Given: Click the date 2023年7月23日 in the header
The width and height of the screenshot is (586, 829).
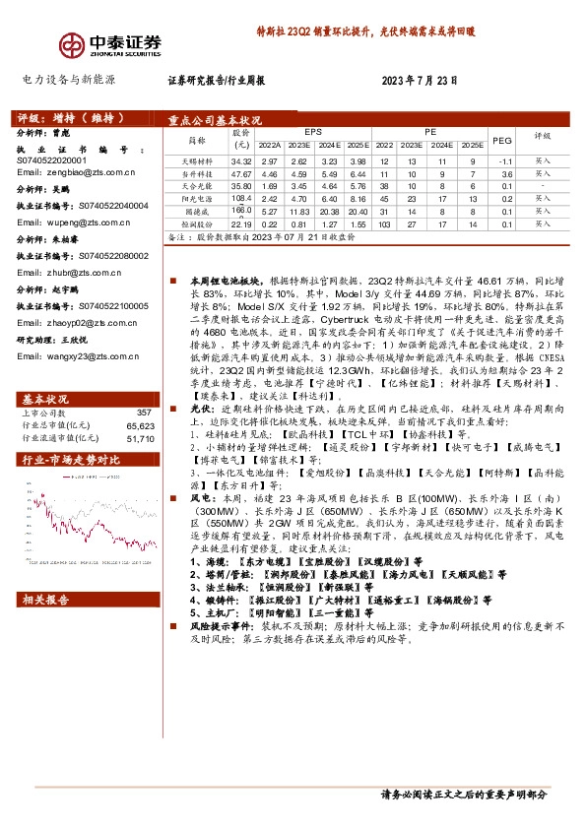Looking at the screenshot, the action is (422, 82).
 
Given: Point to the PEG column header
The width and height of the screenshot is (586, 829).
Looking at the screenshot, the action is (502, 139).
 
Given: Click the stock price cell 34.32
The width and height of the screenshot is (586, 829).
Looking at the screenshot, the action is (241, 160).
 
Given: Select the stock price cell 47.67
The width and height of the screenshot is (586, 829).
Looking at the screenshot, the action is (241, 173).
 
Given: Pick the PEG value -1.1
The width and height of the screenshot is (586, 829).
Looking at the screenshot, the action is (505, 160).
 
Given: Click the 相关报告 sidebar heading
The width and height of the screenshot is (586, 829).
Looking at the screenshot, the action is (45, 599).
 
